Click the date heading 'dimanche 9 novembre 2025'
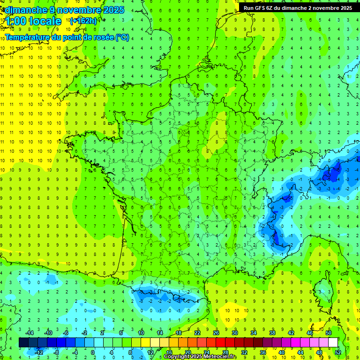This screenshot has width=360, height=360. [64, 10]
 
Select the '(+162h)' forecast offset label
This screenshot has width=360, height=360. [83, 21]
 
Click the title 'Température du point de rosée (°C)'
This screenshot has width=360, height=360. [67, 37]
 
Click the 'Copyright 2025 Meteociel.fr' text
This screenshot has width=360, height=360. [200, 357]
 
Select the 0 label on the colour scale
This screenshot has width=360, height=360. [93, 352]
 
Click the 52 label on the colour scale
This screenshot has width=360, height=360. [338, 352]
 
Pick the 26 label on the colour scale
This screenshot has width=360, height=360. [216, 333]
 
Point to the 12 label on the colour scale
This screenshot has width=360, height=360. [150, 352]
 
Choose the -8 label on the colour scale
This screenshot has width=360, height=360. [57, 352]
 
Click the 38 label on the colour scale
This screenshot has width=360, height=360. [272, 333]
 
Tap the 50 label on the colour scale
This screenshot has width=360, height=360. [329, 333]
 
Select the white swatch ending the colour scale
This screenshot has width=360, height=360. [333, 343]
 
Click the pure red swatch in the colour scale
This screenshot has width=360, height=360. [220, 343]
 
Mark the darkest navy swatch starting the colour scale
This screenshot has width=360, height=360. [23, 343]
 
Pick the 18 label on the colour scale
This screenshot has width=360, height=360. [178, 333]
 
